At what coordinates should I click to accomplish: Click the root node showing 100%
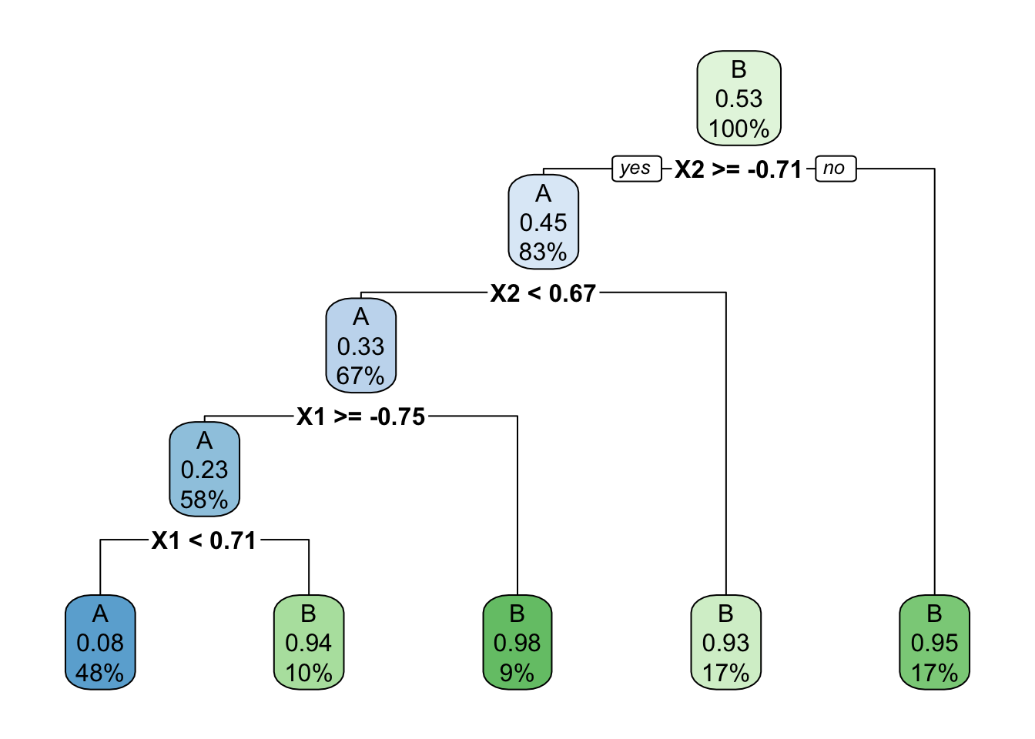coord(739,99)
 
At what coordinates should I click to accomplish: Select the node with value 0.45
coord(543,222)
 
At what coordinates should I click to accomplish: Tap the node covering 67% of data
coord(360,346)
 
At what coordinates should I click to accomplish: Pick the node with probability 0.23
coord(204,470)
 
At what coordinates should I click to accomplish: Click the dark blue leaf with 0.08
coord(100,643)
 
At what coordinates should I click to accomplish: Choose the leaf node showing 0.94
coord(308,643)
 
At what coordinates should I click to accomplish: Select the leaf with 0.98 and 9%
coord(517,643)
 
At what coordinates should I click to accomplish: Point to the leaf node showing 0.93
coord(725,643)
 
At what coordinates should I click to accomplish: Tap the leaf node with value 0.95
coord(934,643)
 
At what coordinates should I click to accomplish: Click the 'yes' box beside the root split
coord(636,169)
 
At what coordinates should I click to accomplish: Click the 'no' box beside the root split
coord(835,169)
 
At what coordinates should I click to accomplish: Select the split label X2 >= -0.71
coord(738,169)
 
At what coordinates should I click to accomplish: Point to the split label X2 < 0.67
coord(543,293)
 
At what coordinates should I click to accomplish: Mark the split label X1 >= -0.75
coord(360,416)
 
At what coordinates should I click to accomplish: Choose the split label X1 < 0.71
coord(204,540)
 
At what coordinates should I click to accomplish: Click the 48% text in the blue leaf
coord(100,673)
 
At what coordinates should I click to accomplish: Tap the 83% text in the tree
coord(543,252)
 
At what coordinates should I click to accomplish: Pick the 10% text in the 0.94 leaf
coord(308,673)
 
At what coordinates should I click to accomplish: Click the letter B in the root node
coord(739,69)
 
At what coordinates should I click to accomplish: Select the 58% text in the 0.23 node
coord(204,500)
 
